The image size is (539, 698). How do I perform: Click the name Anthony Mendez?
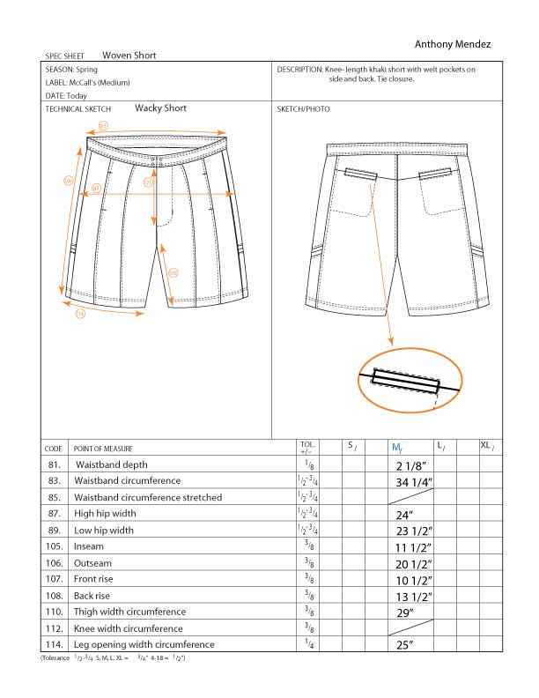coord(452,44)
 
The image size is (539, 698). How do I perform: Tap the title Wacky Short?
coord(160,108)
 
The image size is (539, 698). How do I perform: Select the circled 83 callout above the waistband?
coord(103,126)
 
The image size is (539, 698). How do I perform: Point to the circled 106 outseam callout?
coord(69,181)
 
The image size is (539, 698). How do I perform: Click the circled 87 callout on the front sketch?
coord(96,189)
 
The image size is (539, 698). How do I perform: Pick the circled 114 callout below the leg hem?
coord(80,312)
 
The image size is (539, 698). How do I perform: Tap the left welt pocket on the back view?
coord(360,174)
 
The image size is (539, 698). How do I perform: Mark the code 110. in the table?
coord(54,612)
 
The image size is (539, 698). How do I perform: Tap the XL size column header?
coord(486,447)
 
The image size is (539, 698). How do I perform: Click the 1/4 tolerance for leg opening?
coord(308,644)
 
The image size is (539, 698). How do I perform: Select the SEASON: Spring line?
coord(73,69)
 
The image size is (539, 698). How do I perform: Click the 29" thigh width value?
coord(406,612)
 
